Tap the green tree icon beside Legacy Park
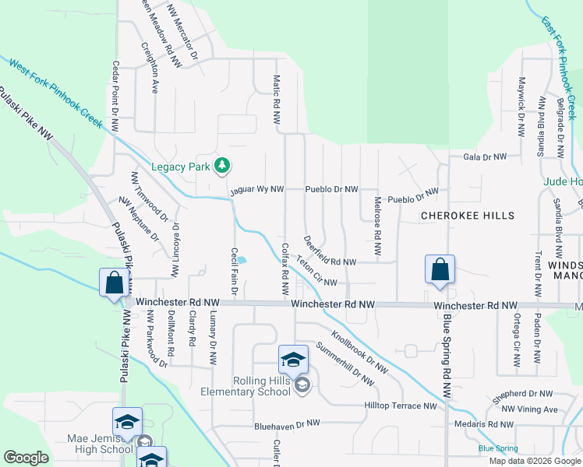(x=223, y=165)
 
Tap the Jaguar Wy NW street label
(x=256, y=190)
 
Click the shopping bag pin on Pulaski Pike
(x=114, y=282)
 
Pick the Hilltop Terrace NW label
(x=401, y=406)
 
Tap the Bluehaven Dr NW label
(x=287, y=425)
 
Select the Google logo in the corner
(x=26, y=458)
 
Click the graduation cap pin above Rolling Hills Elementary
(x=293, y=359)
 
